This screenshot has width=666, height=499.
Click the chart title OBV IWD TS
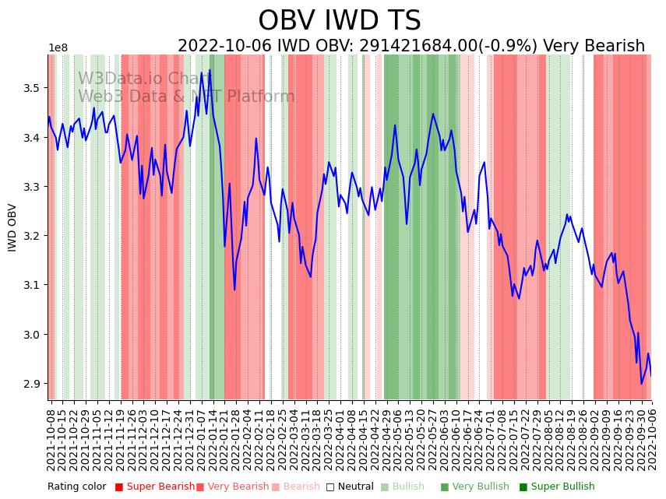click(340, 21)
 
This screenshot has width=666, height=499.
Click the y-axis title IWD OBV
click(12, 227)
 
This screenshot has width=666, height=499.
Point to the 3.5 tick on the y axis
click(33, 88)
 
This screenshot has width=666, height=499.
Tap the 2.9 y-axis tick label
click(33, 384)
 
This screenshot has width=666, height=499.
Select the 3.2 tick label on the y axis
click(33, 236)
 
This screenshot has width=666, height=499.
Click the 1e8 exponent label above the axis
click(58, 48)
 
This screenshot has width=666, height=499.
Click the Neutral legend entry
click(350, 487)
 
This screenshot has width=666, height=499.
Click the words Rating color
click(76, 487)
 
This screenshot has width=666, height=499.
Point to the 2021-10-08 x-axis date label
click(51, 439)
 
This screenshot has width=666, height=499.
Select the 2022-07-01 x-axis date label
click(490, 439)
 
